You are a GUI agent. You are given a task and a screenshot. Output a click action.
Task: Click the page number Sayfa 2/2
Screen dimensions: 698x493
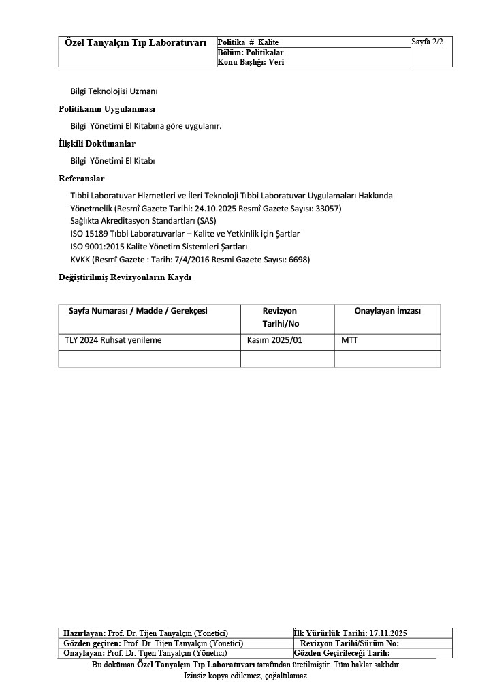(x=427, y=42)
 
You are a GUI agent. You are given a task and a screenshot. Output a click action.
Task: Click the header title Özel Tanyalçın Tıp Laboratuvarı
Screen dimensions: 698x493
(x=136, y=43)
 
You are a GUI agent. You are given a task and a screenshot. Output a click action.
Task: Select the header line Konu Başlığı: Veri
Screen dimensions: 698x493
(x=251, y=61)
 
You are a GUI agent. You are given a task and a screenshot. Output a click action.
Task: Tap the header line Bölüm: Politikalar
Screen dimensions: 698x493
(x=251, y=52)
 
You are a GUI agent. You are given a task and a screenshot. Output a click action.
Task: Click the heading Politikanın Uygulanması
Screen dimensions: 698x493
(x=107, y=109)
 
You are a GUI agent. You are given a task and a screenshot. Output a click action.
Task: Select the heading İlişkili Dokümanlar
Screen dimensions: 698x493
(x=97, y=144)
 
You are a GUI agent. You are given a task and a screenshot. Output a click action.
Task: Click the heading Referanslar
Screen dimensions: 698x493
(x=82, y=179)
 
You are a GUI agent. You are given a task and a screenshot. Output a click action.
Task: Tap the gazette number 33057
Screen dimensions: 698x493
(x=326, y=208)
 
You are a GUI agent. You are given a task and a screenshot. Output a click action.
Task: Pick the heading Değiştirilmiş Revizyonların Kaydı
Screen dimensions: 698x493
(x=125, y=277)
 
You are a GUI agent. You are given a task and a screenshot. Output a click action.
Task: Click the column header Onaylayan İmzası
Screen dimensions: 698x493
(x=387, y=311)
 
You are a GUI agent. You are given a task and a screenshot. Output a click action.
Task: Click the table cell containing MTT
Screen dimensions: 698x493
(x=349, y=340)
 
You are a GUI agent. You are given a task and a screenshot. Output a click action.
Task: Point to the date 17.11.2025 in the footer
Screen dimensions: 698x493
(x=388, y=633)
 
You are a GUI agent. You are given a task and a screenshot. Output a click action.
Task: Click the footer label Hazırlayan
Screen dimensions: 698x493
(x=84, y=633)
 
